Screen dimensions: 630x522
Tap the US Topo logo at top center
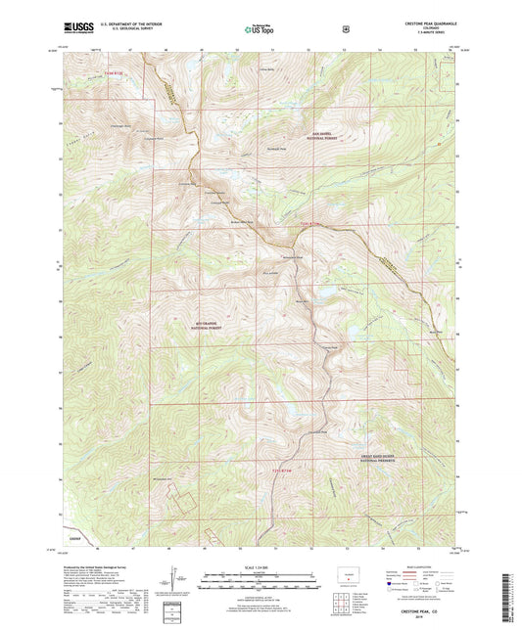(x=260, y=30)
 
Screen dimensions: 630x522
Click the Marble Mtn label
(x=434, y=332)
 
